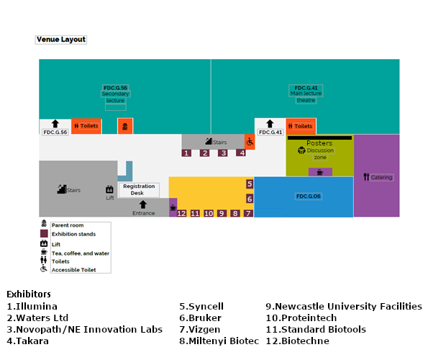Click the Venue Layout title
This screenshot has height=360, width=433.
point(61,40)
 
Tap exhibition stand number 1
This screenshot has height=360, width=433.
point(186,153)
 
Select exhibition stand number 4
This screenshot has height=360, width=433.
point(242,153)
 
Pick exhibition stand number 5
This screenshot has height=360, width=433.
point(250,184)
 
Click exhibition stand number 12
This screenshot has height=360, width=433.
point(181,214)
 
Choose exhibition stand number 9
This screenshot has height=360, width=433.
point(222,214)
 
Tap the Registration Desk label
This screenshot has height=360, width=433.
point(138,189)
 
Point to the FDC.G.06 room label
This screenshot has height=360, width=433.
point(308,197)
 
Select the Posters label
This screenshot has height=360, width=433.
point(319,143)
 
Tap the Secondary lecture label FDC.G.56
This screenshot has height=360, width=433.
point(115,94)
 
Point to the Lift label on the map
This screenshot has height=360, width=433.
point(110,197)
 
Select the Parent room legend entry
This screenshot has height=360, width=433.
point(67,225)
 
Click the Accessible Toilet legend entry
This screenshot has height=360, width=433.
point(76,270)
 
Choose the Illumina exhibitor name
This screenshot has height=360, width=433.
point(32,307)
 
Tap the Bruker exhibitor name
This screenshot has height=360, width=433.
point(201,318)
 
